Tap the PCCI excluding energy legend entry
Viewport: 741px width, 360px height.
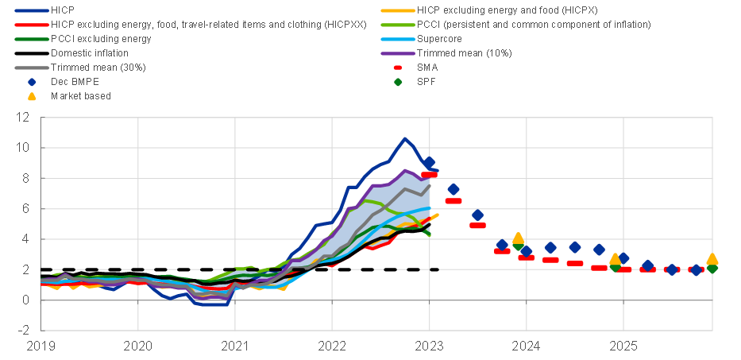tap(100, 38)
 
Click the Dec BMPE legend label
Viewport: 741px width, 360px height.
tap(75, 81)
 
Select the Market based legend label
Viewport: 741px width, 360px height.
tap(80, 95)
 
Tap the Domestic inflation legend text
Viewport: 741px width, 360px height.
tap(91, 52)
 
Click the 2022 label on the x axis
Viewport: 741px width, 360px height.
tap(332, 346)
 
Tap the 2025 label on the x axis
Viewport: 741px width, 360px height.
tap(623, 346)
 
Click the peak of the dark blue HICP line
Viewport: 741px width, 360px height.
tap(405, 139)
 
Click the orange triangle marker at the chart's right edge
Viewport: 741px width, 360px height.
tap(712, 258)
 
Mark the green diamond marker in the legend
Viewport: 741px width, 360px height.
tap(399, 81)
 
